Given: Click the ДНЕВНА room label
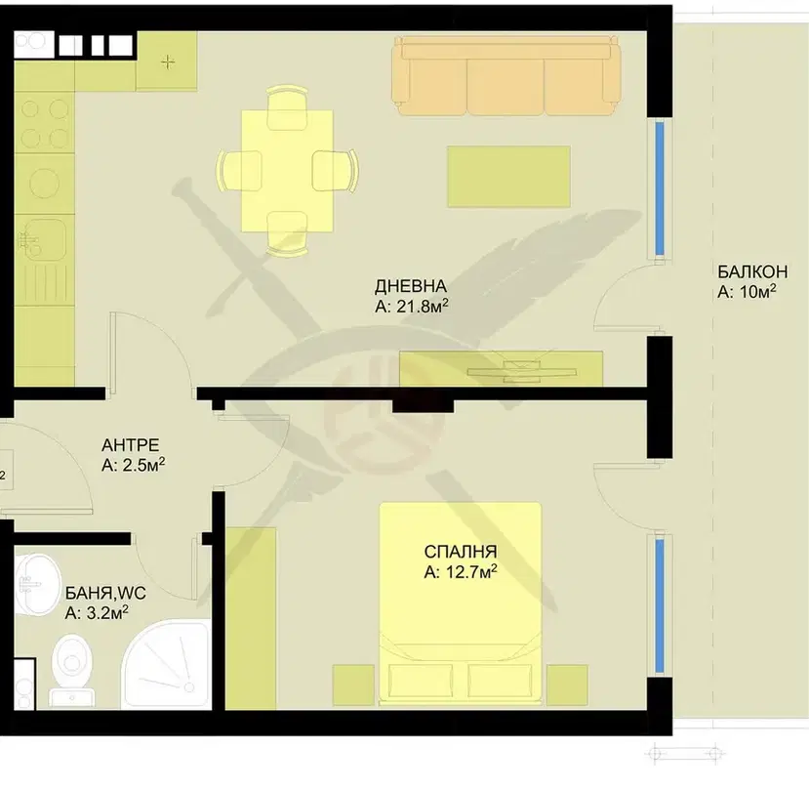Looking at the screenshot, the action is [x=410, y=285].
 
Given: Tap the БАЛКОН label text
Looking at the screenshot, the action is [x=752, y=271].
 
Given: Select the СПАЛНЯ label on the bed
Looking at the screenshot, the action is [x=461, y=552].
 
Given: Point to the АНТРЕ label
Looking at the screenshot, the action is [x=130, y=444].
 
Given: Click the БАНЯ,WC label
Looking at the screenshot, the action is [x=105, y=593].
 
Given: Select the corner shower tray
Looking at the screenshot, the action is [x=166, y=665].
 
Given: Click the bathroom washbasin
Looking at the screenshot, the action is [x=37, y=585].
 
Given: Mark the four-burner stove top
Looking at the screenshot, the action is [x=44, y=123].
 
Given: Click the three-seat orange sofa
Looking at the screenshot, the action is [x=506, y=76].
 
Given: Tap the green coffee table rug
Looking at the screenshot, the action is [x=508, y=177].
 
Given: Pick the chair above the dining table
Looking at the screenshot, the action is [x=287, y=108].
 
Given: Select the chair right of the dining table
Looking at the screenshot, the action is [x=336, y=171].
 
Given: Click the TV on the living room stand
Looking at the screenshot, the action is [x=522, y=371].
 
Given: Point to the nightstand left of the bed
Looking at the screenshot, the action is [x=353, y=685].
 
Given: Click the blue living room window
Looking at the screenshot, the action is [x=660, y=188].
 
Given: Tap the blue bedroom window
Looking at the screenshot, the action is [x=660, y=605].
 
